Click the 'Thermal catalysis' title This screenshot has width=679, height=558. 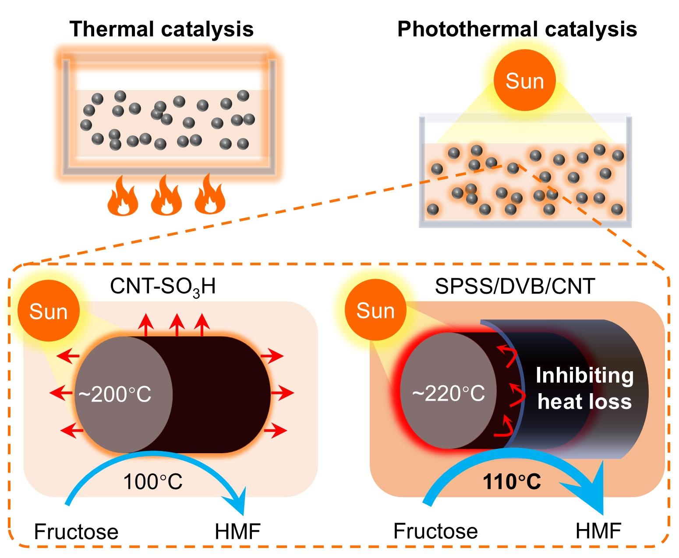(x=162, y=29)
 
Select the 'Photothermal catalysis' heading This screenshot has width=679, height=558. (x=516, y=29)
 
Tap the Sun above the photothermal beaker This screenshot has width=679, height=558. (x=524, y=81)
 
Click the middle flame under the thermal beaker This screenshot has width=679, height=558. (x=166, y=195)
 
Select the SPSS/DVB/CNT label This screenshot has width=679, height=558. (x=515, y=286)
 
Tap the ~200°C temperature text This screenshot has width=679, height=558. (x=115, y=395)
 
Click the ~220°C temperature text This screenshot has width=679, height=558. (x=449, y=394)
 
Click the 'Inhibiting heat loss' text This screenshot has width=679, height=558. (x=584, y=388)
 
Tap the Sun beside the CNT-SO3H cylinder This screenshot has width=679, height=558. (x=48, y=312)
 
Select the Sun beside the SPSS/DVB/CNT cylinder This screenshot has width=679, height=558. (x=375, y=311)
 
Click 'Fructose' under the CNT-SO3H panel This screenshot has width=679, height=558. (x=76, y=532)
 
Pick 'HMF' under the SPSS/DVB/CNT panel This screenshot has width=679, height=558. (x=598, y=531)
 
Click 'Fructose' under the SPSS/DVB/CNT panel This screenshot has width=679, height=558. (x=435, y=531)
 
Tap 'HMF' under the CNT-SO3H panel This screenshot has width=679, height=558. (x=238, y=532)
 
